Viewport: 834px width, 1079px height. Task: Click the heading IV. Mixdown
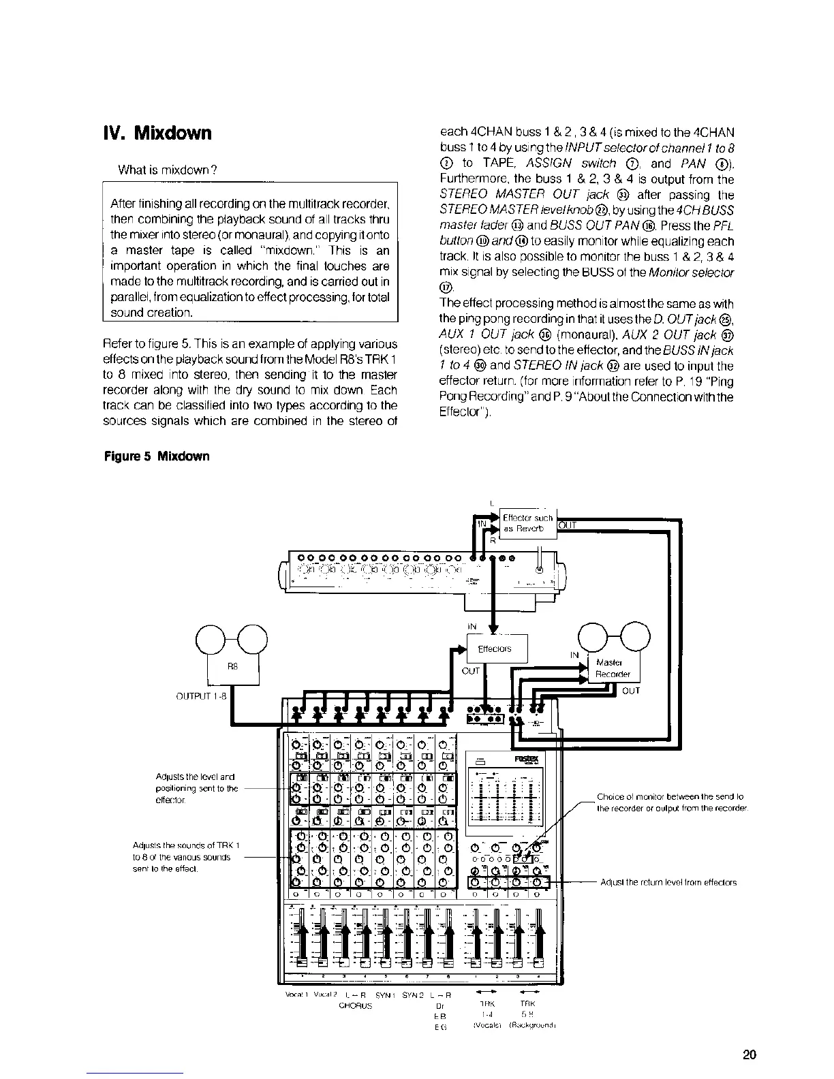click(x=156, y=133)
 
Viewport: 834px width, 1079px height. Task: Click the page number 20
click(x=749, y=1055)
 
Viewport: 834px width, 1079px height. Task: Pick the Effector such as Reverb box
click(x=528, y=523)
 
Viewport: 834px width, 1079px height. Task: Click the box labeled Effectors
click(x=495, y=649)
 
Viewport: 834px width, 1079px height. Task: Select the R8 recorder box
click(x=233, y=667)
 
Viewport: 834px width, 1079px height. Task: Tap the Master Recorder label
click(x=613, y=668)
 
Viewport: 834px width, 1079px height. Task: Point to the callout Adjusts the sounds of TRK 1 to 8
click(x=188, y=857)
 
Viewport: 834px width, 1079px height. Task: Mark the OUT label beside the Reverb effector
click(x=568, y=525)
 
